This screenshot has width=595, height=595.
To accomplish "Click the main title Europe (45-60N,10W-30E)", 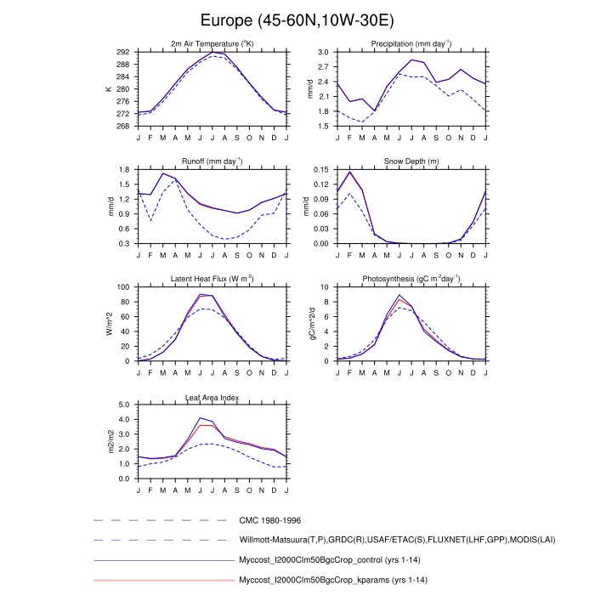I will click(297, 20).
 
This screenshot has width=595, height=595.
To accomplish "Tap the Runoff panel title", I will click(212, 161).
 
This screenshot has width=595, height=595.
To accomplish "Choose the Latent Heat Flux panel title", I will click(212, 279).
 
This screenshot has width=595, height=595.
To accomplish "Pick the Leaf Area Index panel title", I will click(212, 397).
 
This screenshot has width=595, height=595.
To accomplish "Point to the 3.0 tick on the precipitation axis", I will click(323, 52).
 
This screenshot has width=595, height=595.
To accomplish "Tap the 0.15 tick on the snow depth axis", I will click(321, 170).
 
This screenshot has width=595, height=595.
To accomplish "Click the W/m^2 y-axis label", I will click(109, 324).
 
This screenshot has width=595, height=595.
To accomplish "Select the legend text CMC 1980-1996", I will click(269, 519).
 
